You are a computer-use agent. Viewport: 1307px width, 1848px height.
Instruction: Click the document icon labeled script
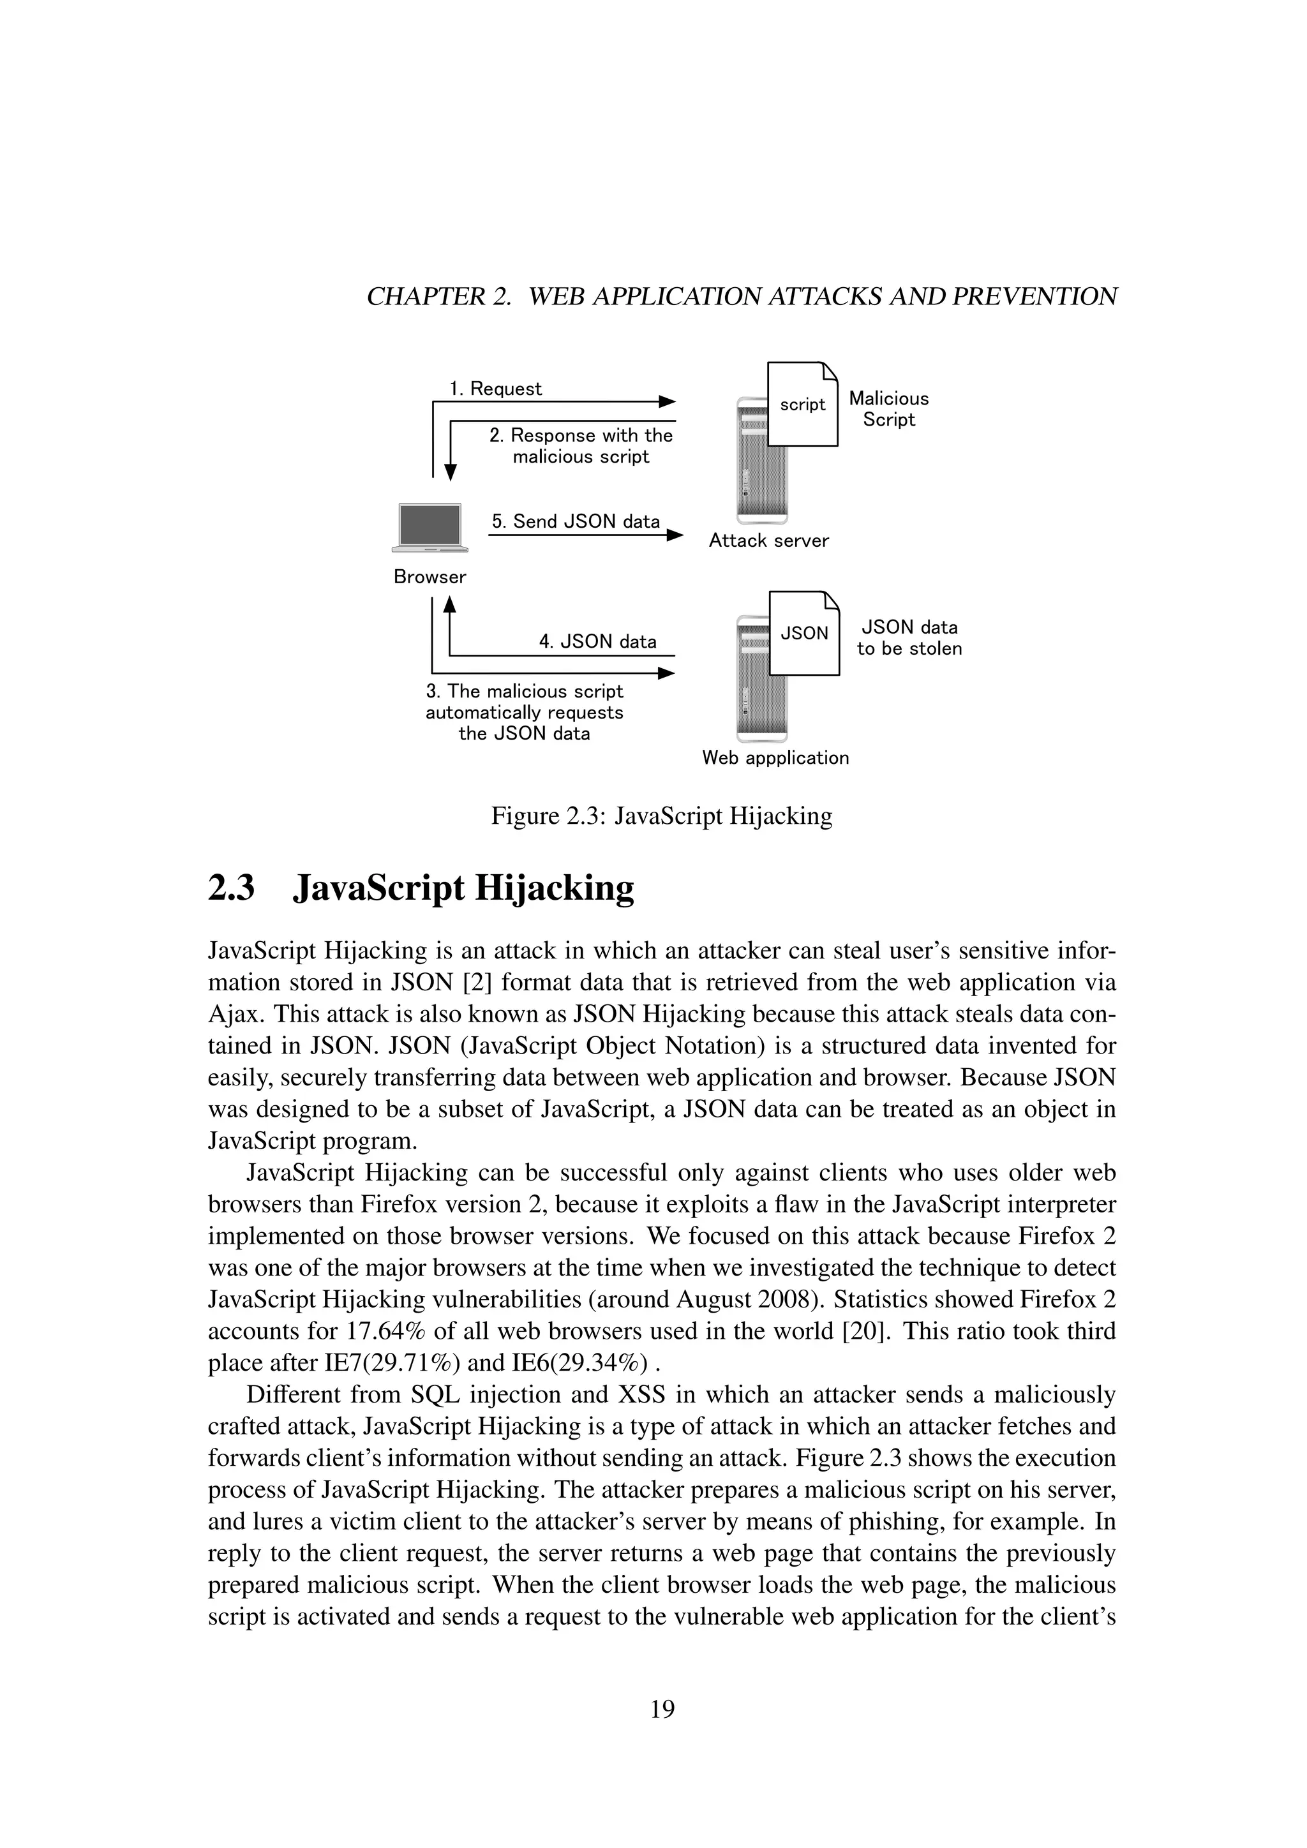802,404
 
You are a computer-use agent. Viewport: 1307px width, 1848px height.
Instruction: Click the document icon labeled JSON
804,634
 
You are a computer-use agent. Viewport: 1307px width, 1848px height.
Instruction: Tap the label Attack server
768,541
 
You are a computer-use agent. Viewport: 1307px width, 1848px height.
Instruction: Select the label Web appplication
775,757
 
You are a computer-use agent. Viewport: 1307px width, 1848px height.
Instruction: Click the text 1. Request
495,389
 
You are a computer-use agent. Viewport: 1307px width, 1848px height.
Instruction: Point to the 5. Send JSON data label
576,521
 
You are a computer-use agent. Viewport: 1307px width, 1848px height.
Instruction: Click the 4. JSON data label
597,641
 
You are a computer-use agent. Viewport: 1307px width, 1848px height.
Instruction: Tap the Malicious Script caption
888,409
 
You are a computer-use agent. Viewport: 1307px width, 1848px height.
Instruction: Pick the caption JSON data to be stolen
909,637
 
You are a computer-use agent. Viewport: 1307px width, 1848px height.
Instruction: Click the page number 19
662,1710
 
